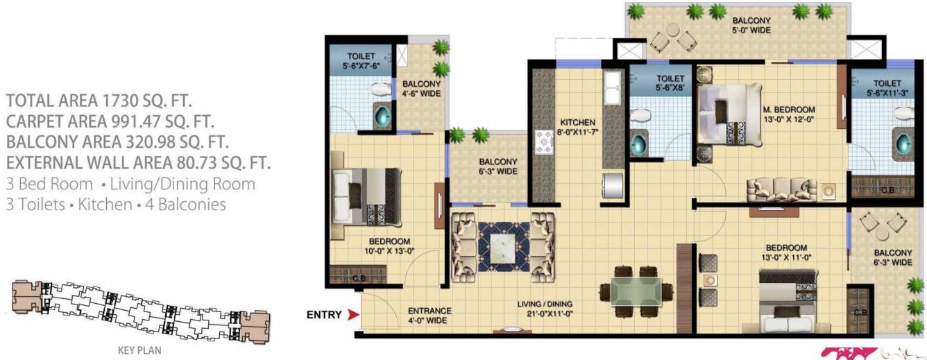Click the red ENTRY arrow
click(352, 315)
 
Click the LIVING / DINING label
click(545, 308)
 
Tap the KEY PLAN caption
click(139, 351)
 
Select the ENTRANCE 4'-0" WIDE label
click(430, 316)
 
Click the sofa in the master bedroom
click(781, 189)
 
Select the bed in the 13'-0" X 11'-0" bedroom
click(791, 303)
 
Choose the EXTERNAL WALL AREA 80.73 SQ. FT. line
click(138, 164)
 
